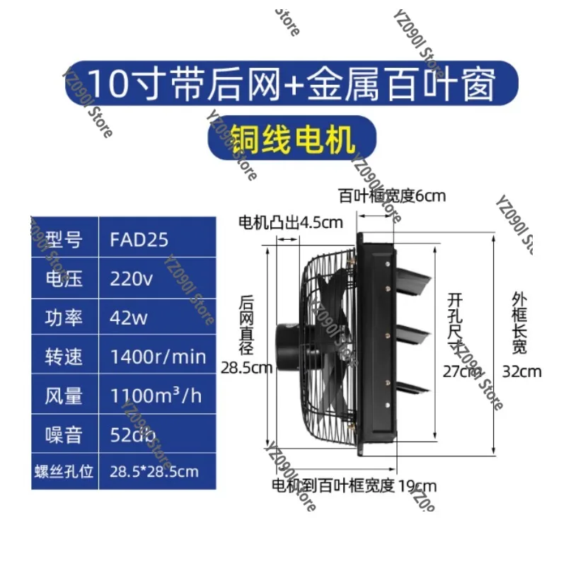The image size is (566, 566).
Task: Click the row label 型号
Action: point(64,239)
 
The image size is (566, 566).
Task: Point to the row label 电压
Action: point(64,279)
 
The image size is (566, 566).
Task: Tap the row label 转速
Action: point(64,356)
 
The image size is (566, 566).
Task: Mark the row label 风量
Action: point(64,395)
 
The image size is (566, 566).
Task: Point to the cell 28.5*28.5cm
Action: point(154,470)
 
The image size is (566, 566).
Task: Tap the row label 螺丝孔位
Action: point(64,470)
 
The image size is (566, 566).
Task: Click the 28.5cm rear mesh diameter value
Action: point(246,367)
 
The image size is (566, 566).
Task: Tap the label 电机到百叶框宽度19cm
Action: point(354,485)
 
